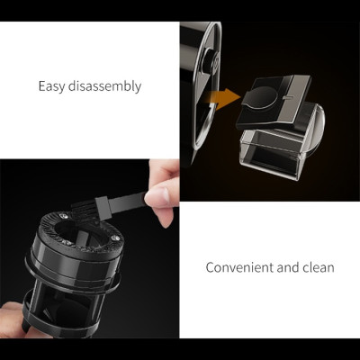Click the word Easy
[x=51, y=86]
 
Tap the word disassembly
[x=104, y=86]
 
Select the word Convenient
[x=239, y=267]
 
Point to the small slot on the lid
[x=287, y=97]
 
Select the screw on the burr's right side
[x=114, y=238]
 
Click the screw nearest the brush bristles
[x=64, y=215]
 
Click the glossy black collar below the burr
[x=72, y=263]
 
